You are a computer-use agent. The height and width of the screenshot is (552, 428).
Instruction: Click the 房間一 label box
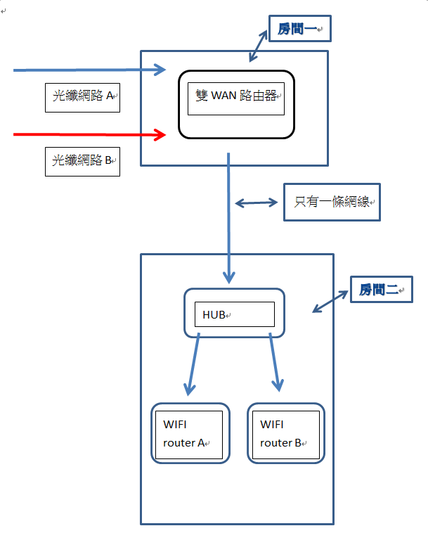299,30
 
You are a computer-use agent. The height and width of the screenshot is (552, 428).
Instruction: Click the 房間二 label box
381,289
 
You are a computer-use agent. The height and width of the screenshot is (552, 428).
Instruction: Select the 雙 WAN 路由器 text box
236,99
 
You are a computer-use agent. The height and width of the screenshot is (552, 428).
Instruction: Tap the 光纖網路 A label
83,97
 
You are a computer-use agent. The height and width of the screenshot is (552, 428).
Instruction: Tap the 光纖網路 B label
83,161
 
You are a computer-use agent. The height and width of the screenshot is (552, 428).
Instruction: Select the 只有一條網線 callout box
331,203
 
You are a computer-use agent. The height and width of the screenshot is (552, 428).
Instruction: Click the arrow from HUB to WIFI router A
193,363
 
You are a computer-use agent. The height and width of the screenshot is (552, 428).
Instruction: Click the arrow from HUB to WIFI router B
275,361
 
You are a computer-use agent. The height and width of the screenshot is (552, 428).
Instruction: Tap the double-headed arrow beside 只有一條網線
257,203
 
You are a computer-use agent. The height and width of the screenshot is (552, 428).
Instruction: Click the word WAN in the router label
224,95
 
